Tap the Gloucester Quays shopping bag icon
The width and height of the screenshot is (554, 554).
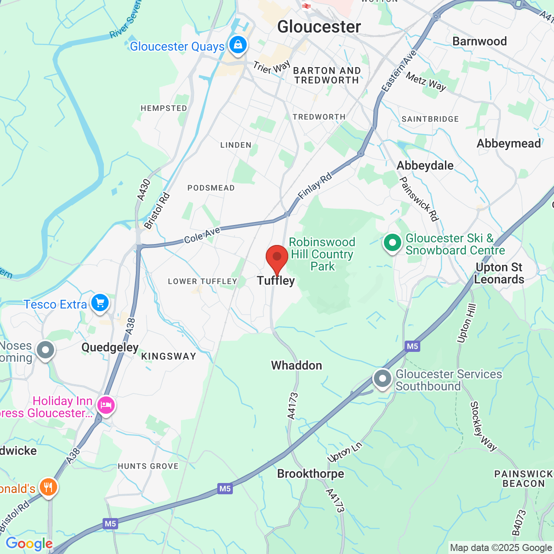tap(238, 45)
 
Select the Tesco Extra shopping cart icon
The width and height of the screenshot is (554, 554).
tap(100, 303)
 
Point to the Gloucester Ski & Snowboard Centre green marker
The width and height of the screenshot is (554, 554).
tap(393, 243)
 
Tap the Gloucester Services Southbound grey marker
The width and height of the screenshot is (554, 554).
tap(383, 379)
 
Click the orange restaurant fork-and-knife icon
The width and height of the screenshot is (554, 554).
tap(48, 487)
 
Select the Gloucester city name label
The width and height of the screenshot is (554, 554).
tap(319, 27)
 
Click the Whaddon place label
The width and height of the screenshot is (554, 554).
tap(296, 365)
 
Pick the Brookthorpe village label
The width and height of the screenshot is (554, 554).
tap(310, 473)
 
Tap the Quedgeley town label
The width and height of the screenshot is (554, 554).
tap(110, 347)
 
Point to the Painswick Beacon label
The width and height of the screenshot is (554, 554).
tap(523, 479)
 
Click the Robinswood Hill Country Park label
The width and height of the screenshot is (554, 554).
tap(322, 254)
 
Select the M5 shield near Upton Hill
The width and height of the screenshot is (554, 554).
tap(412, 346)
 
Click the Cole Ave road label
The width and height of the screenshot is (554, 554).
tap(202, 235)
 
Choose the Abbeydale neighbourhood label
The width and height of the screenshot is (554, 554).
tap(425, 165)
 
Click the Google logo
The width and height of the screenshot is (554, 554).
tap(29, 544)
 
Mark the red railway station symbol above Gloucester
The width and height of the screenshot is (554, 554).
tap(306, 6)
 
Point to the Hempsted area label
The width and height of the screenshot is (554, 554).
tap(164, 108)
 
